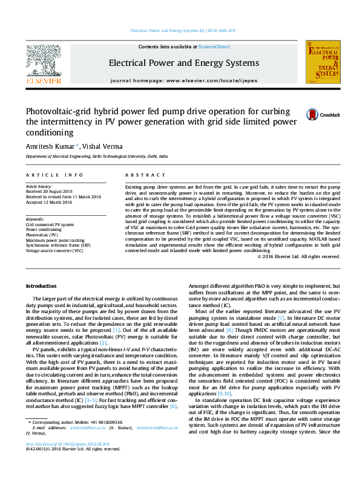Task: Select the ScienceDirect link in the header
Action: tap(214, 47)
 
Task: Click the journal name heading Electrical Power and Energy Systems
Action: tap(184, 63)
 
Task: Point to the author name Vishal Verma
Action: tap(102, 146)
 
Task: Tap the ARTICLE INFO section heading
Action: tap(54, 175)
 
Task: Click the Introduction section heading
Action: tap(41, 285)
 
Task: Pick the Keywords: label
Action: tap(35, 219)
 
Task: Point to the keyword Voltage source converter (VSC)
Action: tap(54, 250)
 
